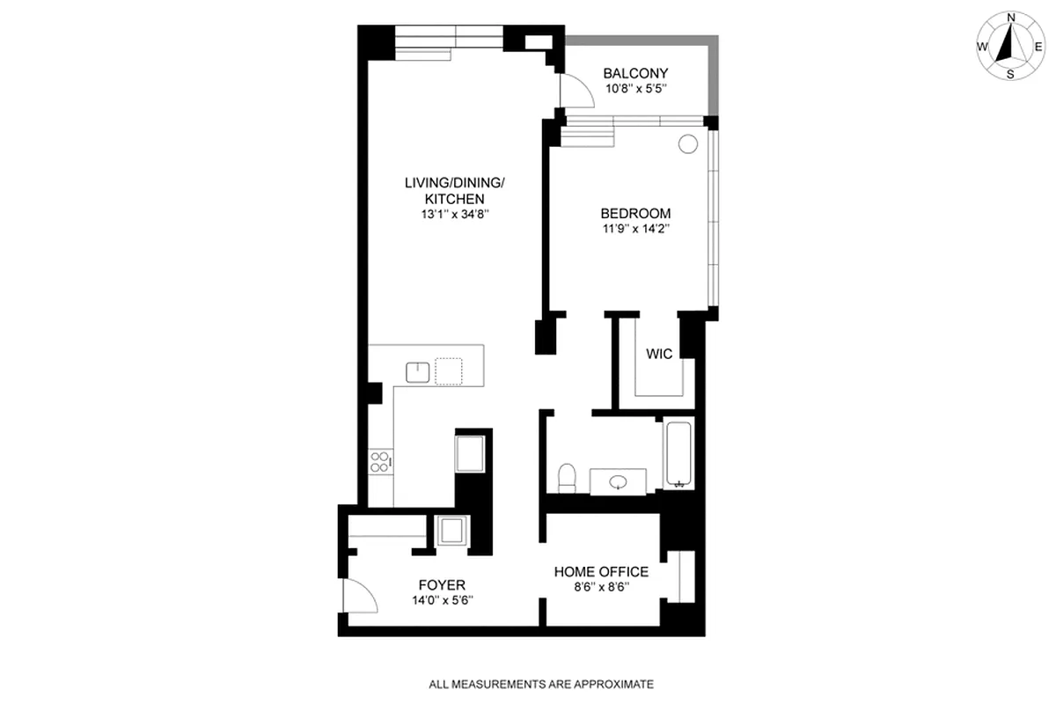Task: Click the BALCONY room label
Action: coord(635,73)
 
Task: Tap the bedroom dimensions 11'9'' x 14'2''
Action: coord(635,229)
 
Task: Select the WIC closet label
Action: coord(659,355)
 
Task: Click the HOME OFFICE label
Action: coord(601,572)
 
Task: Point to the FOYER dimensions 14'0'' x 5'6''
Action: coord(443,601)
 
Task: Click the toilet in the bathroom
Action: coord(568,477)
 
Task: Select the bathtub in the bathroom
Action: coord(678,455)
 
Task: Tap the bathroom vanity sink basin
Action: coord(618,481)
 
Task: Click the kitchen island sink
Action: coord(417,372)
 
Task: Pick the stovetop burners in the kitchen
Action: coord(380,461)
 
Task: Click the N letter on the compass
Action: coord(1011,18)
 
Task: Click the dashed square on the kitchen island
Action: coord(449,371)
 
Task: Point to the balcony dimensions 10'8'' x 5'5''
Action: coord(635,89)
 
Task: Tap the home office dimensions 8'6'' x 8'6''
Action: coord(601,588)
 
